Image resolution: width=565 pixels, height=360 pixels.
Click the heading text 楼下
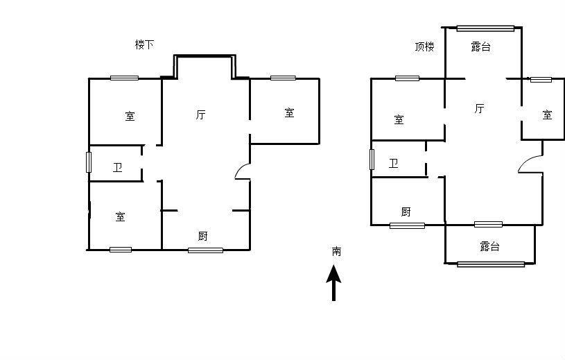(144, 44)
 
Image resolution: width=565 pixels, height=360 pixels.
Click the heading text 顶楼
(424, 47)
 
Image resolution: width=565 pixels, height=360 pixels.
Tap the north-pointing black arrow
(334, 284)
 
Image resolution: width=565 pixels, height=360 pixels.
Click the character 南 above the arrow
(336, 251)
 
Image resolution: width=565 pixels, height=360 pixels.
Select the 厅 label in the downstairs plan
(200, 115)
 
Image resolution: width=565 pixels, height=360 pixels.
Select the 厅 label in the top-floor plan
(479, 108)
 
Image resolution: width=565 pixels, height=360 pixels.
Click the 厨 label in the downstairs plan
(202, 237)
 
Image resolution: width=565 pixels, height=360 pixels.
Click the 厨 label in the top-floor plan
(406, 212)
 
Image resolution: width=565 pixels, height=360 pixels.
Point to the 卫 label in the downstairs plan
(118, 167)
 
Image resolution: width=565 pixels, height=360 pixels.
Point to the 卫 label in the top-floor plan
(394, 164)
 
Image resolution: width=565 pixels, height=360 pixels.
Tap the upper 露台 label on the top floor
(480, 47)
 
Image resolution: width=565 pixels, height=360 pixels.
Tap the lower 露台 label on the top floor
(489, 246)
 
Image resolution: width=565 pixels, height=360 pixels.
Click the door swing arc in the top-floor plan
(528, 164)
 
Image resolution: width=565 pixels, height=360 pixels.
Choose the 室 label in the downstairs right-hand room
(289, 112)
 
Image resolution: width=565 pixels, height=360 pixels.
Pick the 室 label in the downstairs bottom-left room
(121, 217)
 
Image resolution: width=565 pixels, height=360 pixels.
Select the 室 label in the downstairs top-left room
(130, 116)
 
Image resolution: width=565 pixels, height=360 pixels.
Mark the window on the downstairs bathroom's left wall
(89, 162)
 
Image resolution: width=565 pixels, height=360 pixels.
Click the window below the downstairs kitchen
(205, 250)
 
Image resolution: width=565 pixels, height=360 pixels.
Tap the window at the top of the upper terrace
(485, 28)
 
